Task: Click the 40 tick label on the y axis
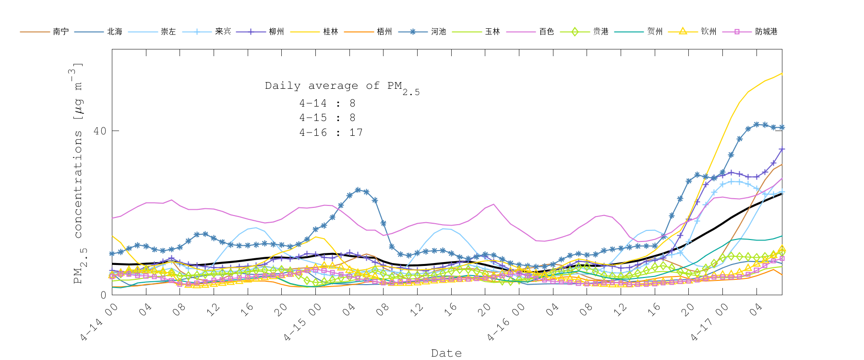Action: pyautogui.click(x=99, y=131)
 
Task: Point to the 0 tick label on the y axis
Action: pyautogui.click(x=103, y=295)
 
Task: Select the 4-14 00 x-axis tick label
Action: pyautogui.click(x=99, y=323)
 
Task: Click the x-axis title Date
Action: pyautogui.click(x=446, y=353)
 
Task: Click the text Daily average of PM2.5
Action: pyautogui.click(x=342, y=87)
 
